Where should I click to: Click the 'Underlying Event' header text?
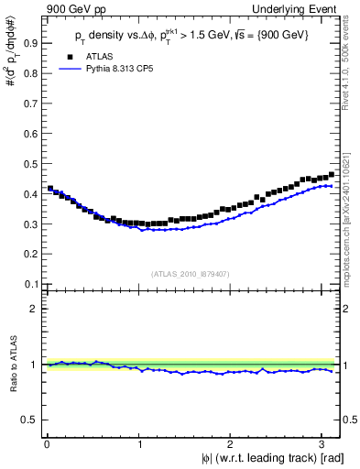[x=295, y=10]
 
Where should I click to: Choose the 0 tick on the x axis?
[x=47, y=443]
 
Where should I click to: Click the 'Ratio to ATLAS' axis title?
[x=12, y=365]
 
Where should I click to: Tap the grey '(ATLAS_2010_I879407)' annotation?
[x=191, y=272]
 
